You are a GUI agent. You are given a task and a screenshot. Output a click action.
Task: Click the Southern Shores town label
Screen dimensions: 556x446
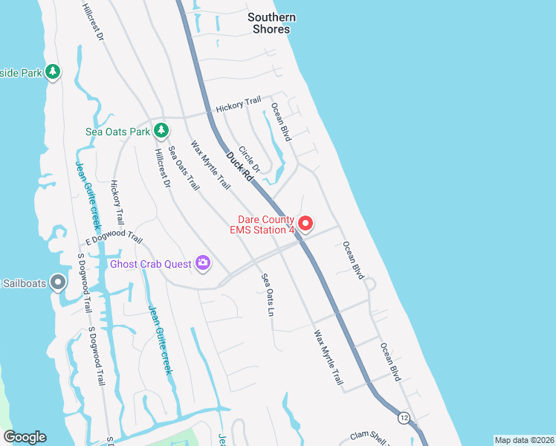click(x=271, y=23)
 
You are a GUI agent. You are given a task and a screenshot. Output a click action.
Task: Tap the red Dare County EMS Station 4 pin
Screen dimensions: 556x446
click(x=305, y=223)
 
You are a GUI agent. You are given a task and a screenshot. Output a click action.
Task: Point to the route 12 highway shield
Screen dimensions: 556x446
click(x=403, y=417)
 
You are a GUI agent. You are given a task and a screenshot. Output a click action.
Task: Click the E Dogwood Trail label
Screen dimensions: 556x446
click(x=113, y=238)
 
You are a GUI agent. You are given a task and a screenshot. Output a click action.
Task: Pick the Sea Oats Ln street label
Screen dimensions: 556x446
click(x=267, y=294)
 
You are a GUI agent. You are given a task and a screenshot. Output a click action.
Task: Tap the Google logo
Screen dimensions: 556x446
click(x=25, y=437)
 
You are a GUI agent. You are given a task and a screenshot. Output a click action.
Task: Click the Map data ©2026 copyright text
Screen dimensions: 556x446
click(x=524, y=440)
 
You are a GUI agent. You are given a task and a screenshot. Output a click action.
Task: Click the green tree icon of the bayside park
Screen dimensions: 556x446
click(x=52, y=71)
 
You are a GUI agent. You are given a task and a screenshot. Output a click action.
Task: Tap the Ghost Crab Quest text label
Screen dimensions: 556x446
click(x=151, y=263)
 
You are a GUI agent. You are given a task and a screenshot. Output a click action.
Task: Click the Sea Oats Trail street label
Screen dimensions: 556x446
click(x=184, y=168)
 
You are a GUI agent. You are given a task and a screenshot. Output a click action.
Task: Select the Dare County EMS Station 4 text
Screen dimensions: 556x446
click(x=266, y=224)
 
